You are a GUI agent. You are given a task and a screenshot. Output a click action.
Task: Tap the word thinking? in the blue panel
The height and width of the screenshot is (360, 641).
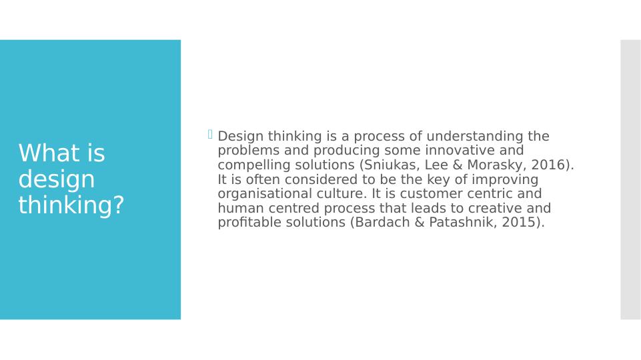coord(71,206)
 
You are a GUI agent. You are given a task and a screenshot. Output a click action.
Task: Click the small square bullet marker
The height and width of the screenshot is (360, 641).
coord(210,135)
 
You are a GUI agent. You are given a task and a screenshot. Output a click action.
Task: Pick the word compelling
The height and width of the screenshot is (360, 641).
coord(251,165)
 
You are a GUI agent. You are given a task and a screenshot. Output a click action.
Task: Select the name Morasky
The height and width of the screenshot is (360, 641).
coord(496,165)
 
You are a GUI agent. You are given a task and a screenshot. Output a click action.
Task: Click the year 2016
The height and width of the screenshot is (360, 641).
coord(548,165)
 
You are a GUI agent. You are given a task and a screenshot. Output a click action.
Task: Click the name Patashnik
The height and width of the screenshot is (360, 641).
coord(458,223)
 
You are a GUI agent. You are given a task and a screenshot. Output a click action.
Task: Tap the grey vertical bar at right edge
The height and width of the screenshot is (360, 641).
coord(630,179)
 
